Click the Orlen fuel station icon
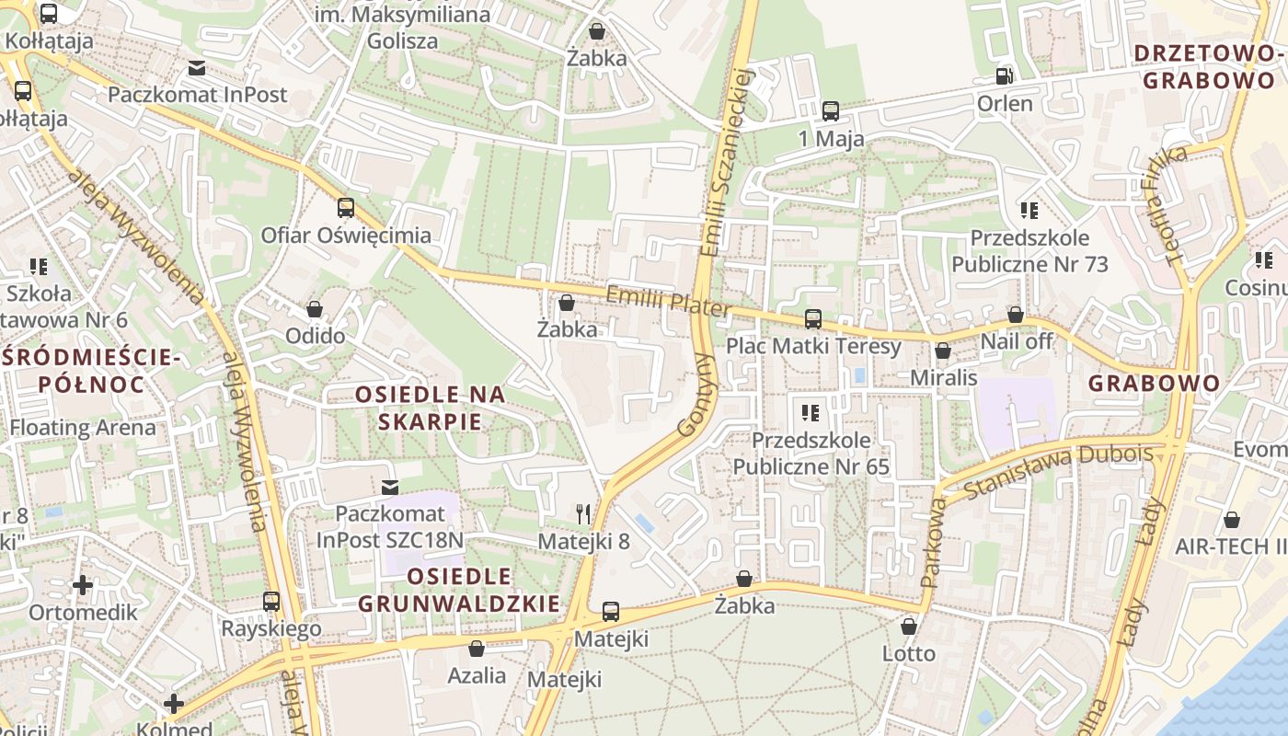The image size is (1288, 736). [1005, 75]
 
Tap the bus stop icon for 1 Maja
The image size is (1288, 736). [831, 111]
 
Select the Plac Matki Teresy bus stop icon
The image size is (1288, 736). [813, 319]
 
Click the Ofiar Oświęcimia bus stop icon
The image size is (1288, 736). [346, 208]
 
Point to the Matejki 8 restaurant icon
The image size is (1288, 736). [583, 513]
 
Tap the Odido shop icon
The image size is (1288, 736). [315, 309]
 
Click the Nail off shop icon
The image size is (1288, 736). [1016, 315]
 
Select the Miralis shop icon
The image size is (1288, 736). [943, 351]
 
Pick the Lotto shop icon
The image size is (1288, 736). [909, 627]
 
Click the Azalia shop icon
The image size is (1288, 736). [477, 649]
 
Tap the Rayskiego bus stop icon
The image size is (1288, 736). [271, 602]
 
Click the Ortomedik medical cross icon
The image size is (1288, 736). [83, 585]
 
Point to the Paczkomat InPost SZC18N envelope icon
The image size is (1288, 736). [390, 486]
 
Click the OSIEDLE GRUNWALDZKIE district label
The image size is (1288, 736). [458, 590]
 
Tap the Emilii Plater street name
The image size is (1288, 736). [668, 302]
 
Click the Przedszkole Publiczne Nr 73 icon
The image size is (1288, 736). [1029, 211]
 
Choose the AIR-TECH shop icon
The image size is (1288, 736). [1232, 520]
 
